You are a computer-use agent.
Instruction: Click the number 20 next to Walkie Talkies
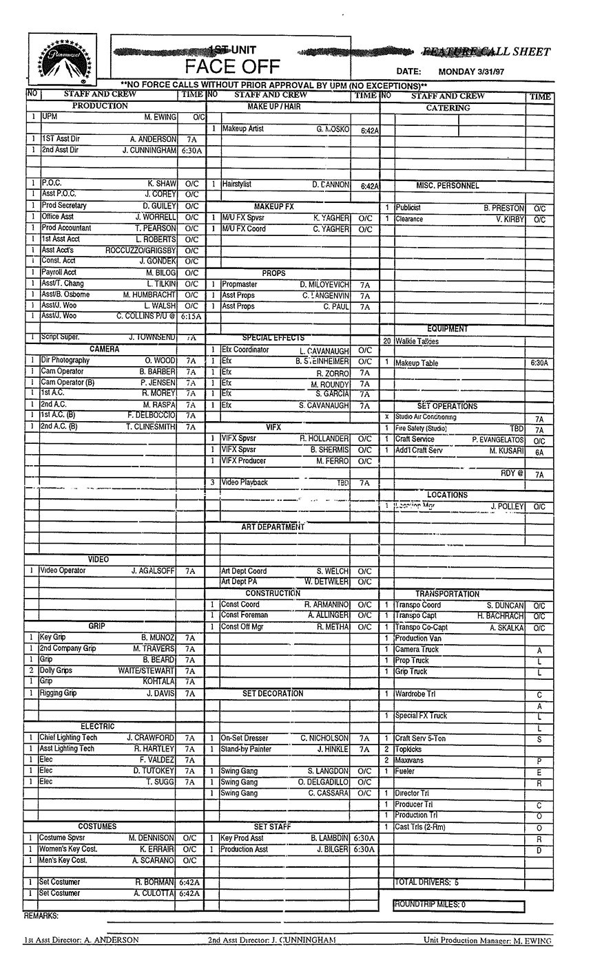point(387,341)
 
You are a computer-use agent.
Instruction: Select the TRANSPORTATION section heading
point(447,594)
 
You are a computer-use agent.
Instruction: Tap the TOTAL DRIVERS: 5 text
point(427,882)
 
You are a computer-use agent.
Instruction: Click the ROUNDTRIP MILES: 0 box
point(458,906)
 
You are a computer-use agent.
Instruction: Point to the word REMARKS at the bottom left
point(41,917)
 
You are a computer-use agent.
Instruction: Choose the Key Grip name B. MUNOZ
point(158,638)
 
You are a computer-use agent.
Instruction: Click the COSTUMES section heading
point(97,826)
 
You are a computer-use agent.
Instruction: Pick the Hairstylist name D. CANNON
point(331,185)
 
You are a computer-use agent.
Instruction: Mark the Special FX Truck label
point(421,716)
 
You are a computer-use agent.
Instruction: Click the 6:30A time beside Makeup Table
point(539,363)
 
